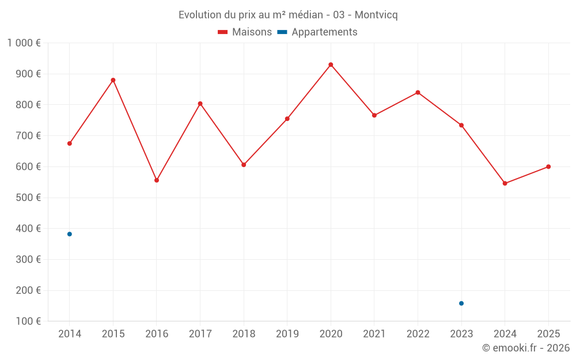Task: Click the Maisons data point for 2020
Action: pyautogui.click(x=331, y=65)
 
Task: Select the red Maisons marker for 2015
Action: pyautogui.click(x=113, y=80)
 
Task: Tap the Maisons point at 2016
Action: pyautogui.click(x=157, y=180)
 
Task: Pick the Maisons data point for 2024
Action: pyautogui.click(x=505, y=183)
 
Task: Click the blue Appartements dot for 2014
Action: pyautogui.click(x=70, y=234)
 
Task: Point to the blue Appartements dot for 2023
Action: pyautogui.click(x=461, y=303)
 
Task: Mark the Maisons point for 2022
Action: pyautogui.click(x=418, y=92)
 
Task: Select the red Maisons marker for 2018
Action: pyautogui.click(x=244, y=165)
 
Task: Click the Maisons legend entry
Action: pyautogui.click(x=244, y=32)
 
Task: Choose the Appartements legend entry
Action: pyautogui.click(x=317, y=32)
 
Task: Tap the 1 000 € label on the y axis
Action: pyautogui.click(x=24, y=43)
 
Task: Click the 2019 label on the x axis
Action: pyautogui.click(x=287, y=334)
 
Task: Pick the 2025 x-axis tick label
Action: pyautogui.click(x=548, y=334)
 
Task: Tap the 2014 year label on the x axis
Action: pyautogui.click(x=70, y=334)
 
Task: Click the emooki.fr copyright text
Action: pyautogui.click(x=525, y=348)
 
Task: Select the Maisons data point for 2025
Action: pyautogui.click(x=548, y=166)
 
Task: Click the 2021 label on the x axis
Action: pyautogui.click(x=374, y=334)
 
